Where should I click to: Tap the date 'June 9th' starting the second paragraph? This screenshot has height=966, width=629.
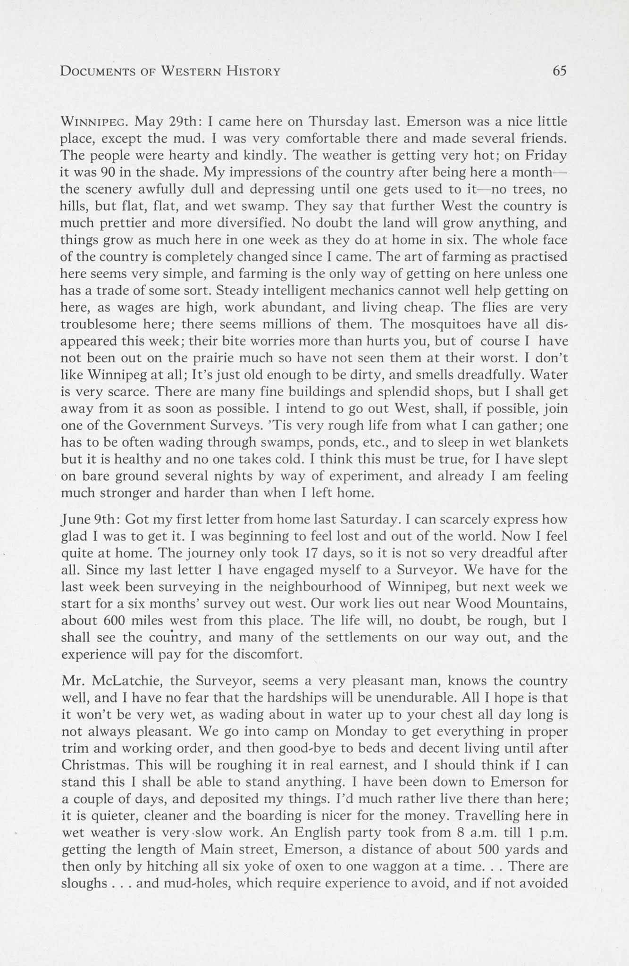pyautogui.click(x=89, y=519)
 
